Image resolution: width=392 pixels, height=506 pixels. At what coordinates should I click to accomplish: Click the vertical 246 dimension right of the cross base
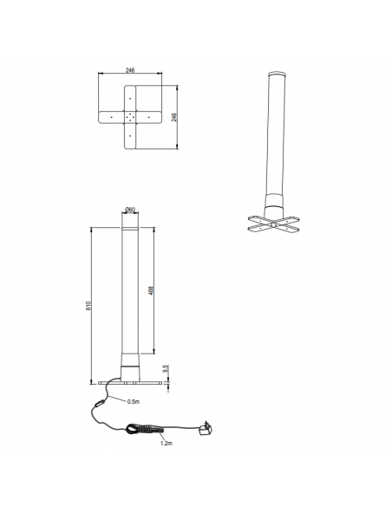(x=174, y=117)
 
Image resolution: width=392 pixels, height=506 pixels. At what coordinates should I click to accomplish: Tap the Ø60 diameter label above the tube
(x=129, y=210)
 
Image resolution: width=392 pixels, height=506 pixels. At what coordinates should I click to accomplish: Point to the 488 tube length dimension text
(x=153, y=292)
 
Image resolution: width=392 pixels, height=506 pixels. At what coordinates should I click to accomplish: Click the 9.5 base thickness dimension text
(x=165, y=368)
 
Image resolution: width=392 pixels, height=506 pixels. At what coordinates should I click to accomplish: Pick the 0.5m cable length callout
(x=134, y=402)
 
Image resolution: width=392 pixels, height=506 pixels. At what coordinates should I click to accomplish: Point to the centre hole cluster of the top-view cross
(x=128, y=117)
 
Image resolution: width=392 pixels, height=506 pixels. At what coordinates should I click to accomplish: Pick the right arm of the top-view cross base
(x=148, y=117)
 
